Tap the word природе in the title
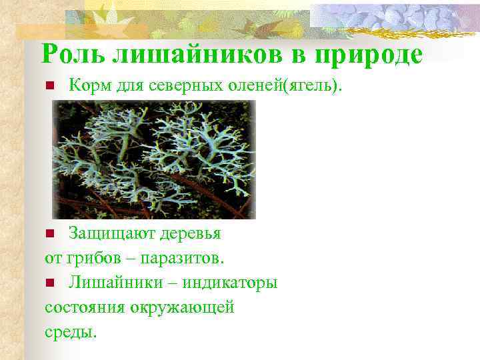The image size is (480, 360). (365, 55)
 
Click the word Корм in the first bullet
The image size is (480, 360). (85, 85)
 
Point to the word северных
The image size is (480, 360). (177, 85)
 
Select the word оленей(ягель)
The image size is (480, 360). (287, 85)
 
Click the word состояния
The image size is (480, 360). (82, 307)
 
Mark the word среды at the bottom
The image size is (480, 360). (71, 331)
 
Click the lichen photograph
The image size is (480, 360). (154, 160)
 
